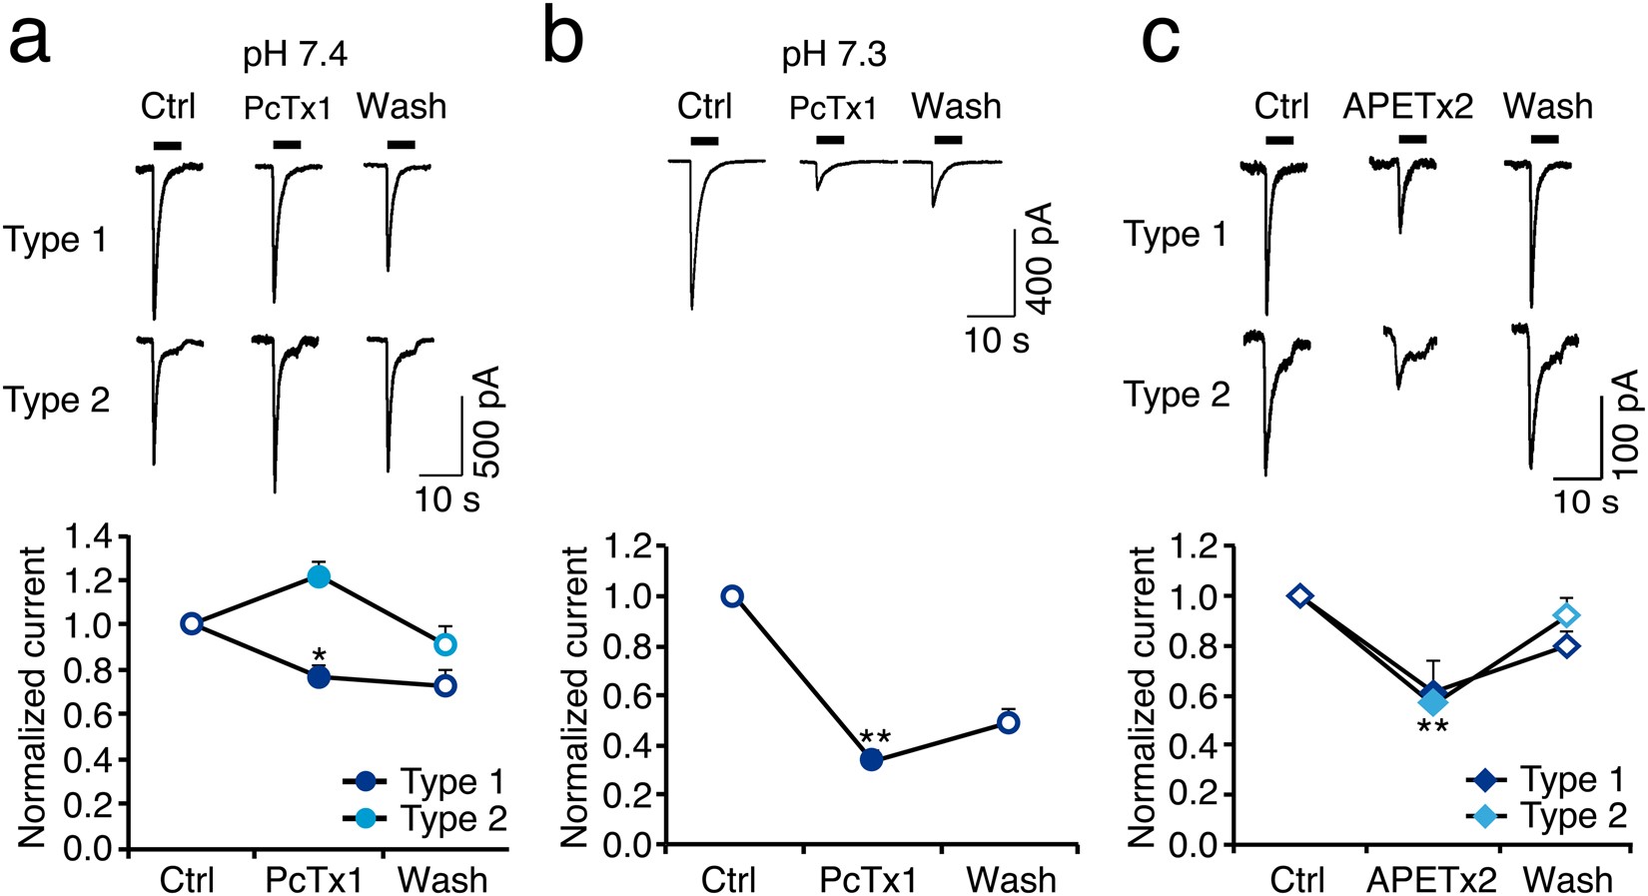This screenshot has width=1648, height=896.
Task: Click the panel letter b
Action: (565, 40)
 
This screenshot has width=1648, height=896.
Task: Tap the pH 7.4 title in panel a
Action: (295, 54)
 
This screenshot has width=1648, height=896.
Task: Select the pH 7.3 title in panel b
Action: (833, 54)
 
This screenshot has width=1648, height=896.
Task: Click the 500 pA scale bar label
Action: (485, 422)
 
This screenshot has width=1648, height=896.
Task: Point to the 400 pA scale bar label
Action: (1040, 258)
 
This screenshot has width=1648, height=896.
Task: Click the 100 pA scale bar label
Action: (1625, 424)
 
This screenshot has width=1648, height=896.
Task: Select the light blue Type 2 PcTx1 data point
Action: (319, 576)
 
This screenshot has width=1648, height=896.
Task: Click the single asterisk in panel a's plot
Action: (319, 656)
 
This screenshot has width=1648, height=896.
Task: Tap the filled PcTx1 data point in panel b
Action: (871, 759)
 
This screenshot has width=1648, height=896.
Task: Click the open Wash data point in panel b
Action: (1009, 722)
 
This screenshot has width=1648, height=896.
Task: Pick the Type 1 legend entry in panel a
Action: (423, 781)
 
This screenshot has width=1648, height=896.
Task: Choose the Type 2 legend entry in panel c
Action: (1546, 816)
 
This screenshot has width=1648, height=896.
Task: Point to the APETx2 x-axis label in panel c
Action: (1431, 880)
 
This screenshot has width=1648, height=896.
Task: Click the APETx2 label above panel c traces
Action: (1407, 106)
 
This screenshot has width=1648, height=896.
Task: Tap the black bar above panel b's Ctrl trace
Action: (704, 141)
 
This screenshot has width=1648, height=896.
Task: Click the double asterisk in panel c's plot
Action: (1432, 727)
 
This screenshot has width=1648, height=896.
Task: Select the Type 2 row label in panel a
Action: (56, 400)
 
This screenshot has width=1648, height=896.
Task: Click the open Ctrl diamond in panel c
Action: (1299, 596)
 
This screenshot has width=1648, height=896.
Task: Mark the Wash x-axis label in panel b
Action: (1011, 880)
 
